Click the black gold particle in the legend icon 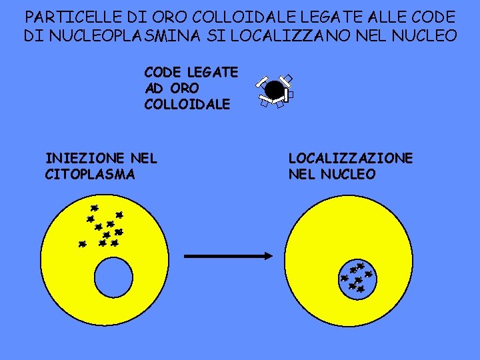click(273, 89)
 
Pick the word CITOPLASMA click(89, 175)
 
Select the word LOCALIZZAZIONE click(350, 159)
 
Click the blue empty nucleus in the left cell click(114, 277)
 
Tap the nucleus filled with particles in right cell click(357, 277)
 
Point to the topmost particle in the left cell click(95, 208)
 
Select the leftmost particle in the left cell click(82, 244)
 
